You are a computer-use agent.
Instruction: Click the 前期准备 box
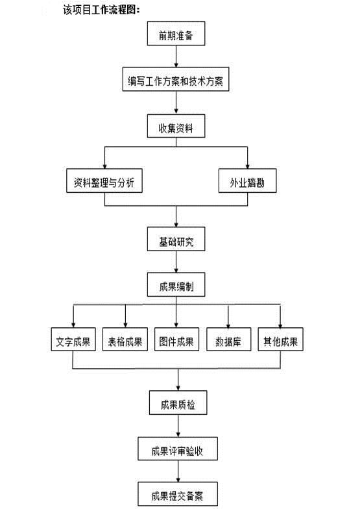(175, 36)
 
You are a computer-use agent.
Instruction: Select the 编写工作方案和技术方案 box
(176, 82)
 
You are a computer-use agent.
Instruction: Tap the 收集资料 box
(176, 127)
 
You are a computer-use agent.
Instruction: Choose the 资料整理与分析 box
(104, 182)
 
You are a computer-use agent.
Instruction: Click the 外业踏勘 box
(247, 182)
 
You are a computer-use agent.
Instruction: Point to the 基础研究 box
(176, 240)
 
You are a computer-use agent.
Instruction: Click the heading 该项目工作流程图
(101, 10)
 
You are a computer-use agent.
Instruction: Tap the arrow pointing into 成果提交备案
(176, 472)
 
